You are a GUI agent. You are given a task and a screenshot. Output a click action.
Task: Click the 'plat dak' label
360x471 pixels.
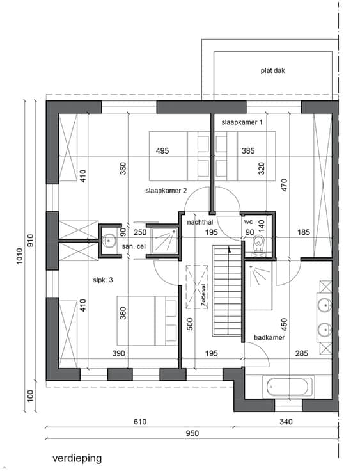pos(272,71)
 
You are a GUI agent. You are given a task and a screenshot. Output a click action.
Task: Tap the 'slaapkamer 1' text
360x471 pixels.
pos(242,122)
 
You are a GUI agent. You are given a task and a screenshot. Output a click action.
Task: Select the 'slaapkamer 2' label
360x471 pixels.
pos(166,191)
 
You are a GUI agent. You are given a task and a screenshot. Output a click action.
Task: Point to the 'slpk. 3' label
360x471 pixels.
pos(103,280)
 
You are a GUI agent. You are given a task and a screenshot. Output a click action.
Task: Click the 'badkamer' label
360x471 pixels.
pos(269,337)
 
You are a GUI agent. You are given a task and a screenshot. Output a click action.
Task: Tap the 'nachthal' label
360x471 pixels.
pos(200,222)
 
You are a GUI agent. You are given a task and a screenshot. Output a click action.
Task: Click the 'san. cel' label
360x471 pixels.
pos(134,246)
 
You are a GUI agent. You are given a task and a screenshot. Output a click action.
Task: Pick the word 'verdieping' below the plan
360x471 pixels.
pos(77,458)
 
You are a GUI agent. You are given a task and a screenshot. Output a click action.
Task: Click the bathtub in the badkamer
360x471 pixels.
pos(288,387)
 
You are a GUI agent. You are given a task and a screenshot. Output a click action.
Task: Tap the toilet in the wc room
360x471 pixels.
pos(258,242)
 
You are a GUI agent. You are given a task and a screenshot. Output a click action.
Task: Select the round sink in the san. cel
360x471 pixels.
pos(109,241)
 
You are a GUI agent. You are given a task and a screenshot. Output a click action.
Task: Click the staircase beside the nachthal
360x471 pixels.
pos(227,291)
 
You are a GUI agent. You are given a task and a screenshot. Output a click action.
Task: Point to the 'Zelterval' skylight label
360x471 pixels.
pos(205,297)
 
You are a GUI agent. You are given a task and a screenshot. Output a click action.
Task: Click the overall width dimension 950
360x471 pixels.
pos(192,433)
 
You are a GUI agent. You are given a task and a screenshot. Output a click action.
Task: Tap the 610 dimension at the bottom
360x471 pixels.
pos(140,422)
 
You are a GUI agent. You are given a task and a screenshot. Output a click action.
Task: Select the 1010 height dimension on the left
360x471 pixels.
pos(20,256)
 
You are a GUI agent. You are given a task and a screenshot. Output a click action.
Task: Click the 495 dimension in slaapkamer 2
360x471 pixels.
pos(162,151)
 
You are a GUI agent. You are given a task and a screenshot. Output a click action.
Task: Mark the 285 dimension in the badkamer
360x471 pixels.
pos(301,353)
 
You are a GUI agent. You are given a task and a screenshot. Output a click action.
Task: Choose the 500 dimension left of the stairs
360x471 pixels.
pos(190,324)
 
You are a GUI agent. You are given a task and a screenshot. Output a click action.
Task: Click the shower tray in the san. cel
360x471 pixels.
pos(164,241)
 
